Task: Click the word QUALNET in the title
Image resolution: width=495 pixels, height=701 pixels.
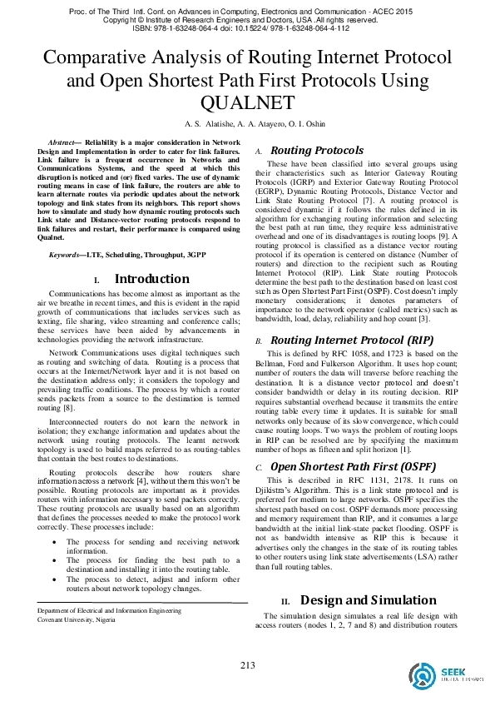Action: (x=247, y=102)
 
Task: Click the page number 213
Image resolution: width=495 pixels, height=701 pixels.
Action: (x=247, y=665)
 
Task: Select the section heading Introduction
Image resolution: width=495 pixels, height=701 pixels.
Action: (x=151, y=256)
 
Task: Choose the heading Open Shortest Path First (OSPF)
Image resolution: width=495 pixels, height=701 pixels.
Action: (x=343, y=467)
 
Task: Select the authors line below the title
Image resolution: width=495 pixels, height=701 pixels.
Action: (x=247, y=123)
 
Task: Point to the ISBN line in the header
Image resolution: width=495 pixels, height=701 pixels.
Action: (x=247, y=27)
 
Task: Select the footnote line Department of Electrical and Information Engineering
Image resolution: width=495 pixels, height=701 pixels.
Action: (x=109, y=611)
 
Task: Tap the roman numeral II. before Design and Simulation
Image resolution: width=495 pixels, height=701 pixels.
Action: (x=285, y=601)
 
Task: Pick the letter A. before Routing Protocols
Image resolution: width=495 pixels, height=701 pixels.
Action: (x=259, y=152)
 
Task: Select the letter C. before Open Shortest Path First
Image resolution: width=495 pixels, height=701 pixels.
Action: (x=259, y=469)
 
